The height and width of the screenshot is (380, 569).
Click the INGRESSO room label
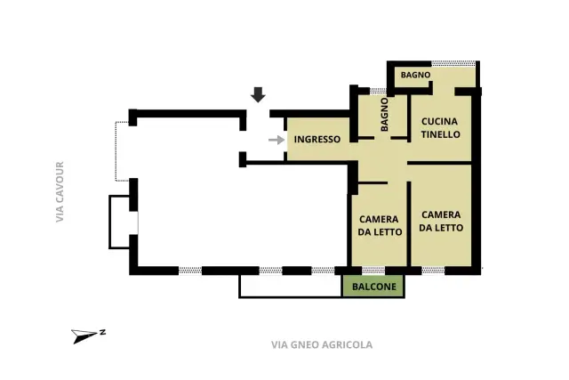pyautogui.click(x=317, y=139)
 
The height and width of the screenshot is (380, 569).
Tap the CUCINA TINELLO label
pyautogui.click(x=440, y=128)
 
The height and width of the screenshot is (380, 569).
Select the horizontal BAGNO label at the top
pyautogui.click(x=415, y=75)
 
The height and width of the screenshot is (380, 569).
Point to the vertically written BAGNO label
pyautogui.click(x=384, y=114)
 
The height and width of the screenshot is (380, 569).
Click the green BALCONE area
pyautogui.click(x=373, y=287)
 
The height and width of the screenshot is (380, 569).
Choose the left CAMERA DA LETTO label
pyautogui.click(x=380, y=226)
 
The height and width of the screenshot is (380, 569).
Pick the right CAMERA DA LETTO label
pyautogui.click(x=441, y=222)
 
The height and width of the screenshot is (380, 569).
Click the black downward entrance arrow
pyautogui.click(x=258, y=95)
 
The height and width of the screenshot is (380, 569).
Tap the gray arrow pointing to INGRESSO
pyautogui.click(x=276, y=140)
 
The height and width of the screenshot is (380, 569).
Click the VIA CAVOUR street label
pyautogui.click(x=60, y=192)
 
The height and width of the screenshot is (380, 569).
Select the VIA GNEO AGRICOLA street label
pyautogui.click(x=322, y=344)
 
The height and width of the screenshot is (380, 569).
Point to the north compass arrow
pyautogui.click(x=84, y=336)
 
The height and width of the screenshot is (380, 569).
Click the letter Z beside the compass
pyautogui.click(x=103, y=332)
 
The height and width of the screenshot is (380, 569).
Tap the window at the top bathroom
pyautogui.click(x=453, y=63)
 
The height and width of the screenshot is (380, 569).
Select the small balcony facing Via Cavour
pyautogui.click(x=120, y=222)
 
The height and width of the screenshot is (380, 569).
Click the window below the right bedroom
pyautogui.click(x=433, y=271)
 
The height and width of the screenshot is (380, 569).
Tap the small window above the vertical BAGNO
pyautogui.click(x=378, y=91)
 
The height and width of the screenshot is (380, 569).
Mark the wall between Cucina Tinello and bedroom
pyautogui.click(x=439, y=163)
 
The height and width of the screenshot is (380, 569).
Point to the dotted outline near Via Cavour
pyautogui.click(x=116, y=151)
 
